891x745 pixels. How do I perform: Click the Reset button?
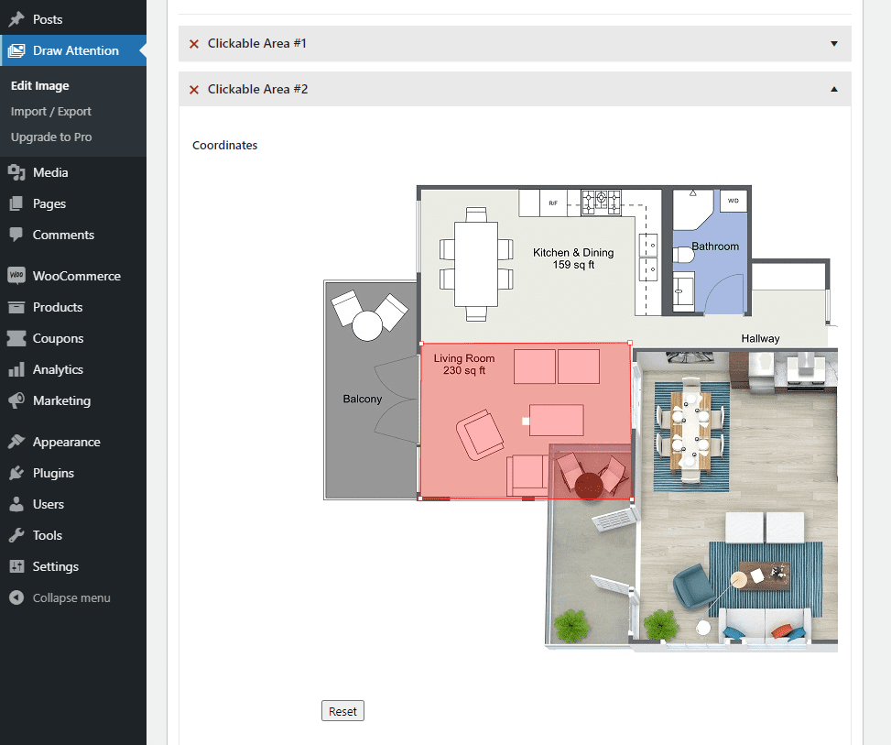tap(342, 711)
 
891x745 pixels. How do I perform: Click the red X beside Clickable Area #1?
tap(194, 44)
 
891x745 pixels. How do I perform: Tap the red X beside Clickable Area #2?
tap(194, 90)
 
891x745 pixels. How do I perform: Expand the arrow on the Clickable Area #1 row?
tap(833, 44)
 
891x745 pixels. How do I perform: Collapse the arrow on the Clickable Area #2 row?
tap(833, 89)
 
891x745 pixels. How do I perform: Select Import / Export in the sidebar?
tap(51, 112)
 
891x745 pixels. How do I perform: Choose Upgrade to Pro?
tap(51, 137)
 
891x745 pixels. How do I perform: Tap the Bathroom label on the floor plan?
tap(715, 247)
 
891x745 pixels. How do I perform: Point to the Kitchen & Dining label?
tap(573, 258)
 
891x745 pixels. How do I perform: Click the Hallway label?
tap(760, 338)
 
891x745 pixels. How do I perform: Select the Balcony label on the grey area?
tap(363, 399)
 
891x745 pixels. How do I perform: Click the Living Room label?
tap(464, 364)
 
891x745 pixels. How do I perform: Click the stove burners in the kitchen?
tap(601, 202)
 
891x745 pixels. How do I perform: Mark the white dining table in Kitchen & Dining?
tap(475, 264)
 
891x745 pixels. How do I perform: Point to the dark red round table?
tap(589, 487)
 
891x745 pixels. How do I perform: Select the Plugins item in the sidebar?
tap(53, 473)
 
